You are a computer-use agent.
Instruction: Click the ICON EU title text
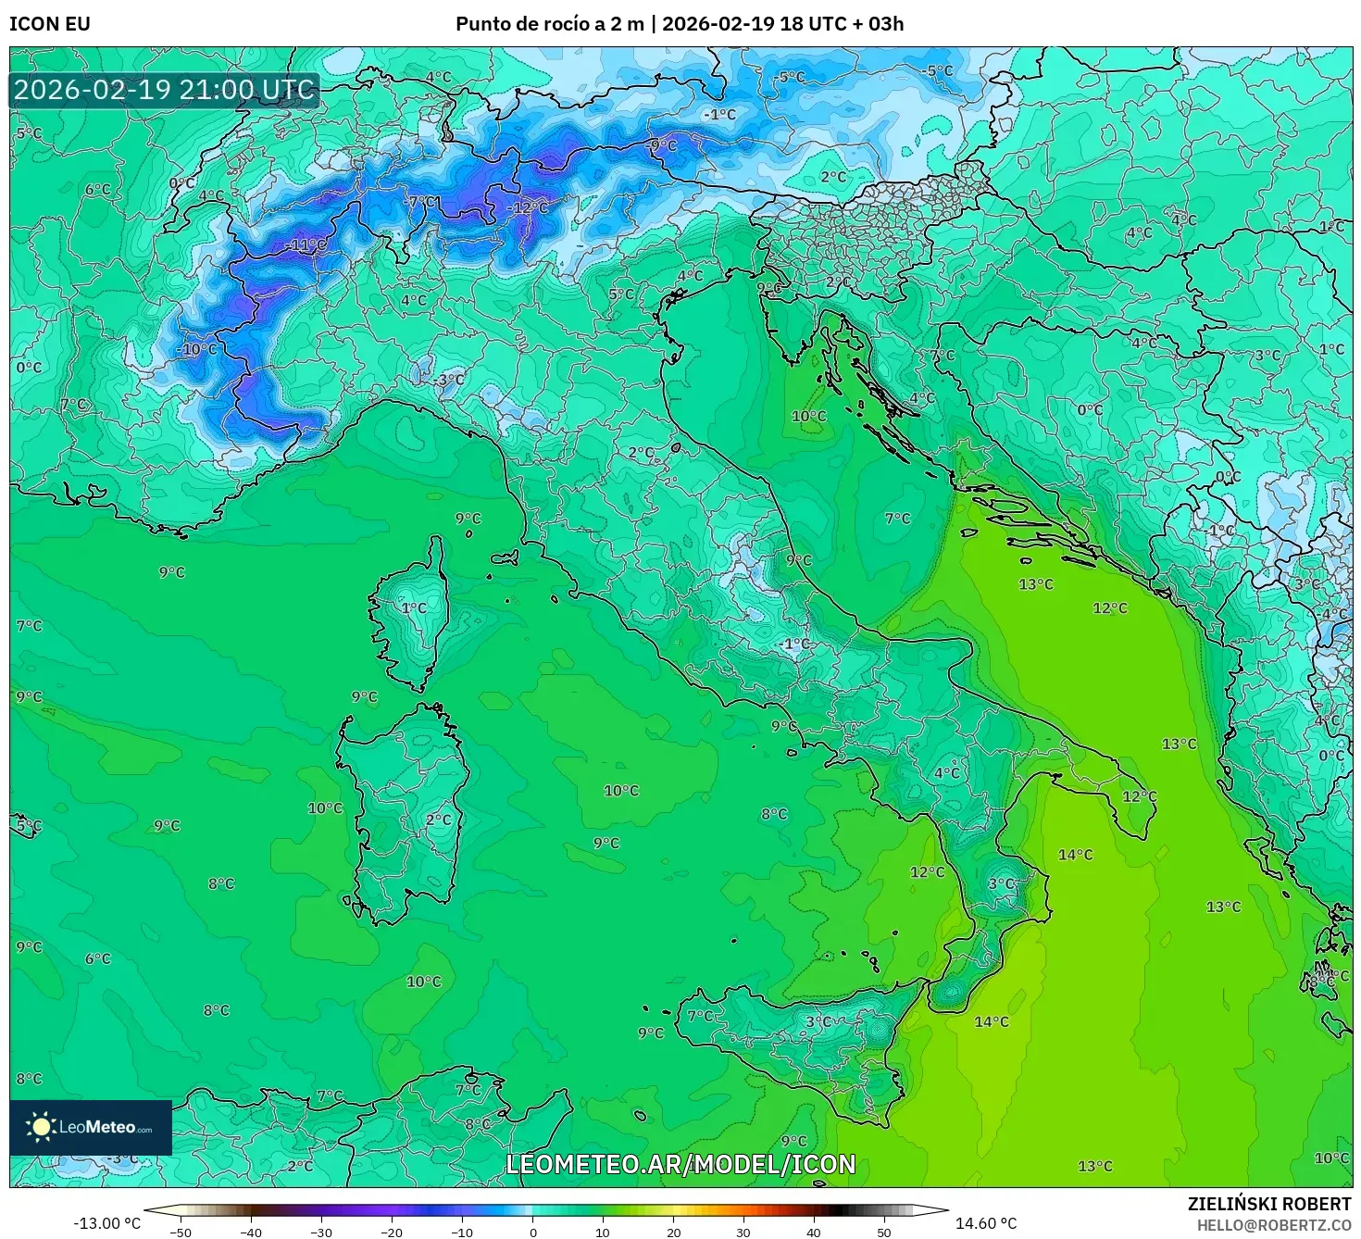50,24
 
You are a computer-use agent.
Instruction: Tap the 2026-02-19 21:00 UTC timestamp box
165,91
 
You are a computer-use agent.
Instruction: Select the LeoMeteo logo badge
91,1127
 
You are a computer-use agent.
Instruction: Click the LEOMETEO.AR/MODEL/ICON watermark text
680,1164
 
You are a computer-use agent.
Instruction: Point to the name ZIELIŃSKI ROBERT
1268,1204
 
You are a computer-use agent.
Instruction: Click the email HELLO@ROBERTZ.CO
1273,1225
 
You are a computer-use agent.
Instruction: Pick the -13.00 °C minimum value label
106,1223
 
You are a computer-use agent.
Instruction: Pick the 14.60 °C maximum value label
986,1223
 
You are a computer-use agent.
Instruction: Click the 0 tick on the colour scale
532,1232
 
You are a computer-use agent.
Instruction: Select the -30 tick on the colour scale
320,1232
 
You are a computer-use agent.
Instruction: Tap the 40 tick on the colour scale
814,1232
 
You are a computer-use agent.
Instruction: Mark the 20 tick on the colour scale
673,1232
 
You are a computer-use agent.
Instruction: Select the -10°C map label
198,349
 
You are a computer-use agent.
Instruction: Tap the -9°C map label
663,145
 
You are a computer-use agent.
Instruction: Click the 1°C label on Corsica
414,607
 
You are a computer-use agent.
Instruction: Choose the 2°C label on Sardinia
439,820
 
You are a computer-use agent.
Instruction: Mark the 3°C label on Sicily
818,1021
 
